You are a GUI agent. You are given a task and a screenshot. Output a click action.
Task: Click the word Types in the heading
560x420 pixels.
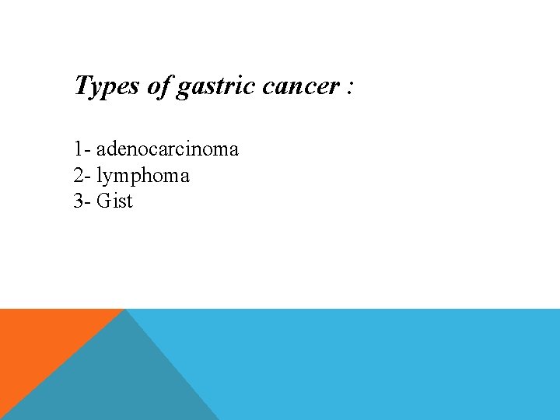tap(107, 86)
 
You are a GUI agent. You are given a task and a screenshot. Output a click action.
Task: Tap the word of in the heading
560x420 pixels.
tap(159, 86)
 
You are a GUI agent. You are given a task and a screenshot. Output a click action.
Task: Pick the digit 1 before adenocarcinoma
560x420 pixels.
tap(78, 149)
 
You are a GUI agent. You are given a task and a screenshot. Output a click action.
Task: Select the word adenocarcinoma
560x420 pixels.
tap(167, 149)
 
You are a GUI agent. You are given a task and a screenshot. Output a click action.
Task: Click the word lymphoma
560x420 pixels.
tap(143, 177)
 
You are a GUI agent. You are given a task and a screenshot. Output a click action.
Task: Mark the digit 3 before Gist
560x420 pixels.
tap(78, 201)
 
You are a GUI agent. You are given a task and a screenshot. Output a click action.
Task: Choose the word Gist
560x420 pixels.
tap(115, 201)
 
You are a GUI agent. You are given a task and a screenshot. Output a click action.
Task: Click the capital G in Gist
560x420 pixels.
tap(103, 201)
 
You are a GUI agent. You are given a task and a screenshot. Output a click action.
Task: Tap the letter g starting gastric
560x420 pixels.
tap(184, 88)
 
